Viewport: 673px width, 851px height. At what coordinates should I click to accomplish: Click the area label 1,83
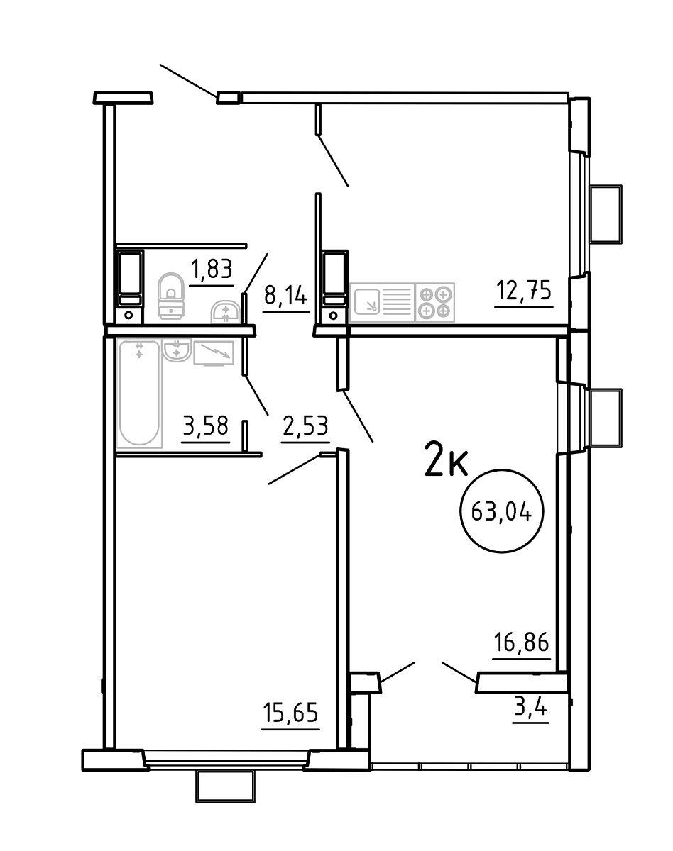click(x=212, y=269)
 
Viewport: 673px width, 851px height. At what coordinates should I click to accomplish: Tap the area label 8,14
click(x=285, y=296)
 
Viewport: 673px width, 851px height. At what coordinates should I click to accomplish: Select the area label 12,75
click(x=523, y=290)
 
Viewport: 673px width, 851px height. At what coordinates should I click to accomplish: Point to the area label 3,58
click(x=206, y=426)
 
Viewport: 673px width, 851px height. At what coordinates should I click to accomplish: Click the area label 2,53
click(x=305, y=426)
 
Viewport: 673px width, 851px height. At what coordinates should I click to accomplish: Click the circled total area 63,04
click(x=501, y=513)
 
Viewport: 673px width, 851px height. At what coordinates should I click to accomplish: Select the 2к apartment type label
click(x=446, y=461)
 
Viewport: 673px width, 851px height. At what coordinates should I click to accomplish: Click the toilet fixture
click(x=171, y=296)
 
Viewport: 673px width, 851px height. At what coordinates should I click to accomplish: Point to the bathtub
click(x=139, y=394)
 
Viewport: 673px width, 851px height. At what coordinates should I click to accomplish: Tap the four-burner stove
click(x=434, y=303)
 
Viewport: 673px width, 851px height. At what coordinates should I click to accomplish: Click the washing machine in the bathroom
click(x=214, y=352)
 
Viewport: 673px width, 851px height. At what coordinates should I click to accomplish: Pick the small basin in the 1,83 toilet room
click(x=225, y=313)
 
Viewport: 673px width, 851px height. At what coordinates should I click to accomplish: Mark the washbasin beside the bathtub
click(x=177, y=350)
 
